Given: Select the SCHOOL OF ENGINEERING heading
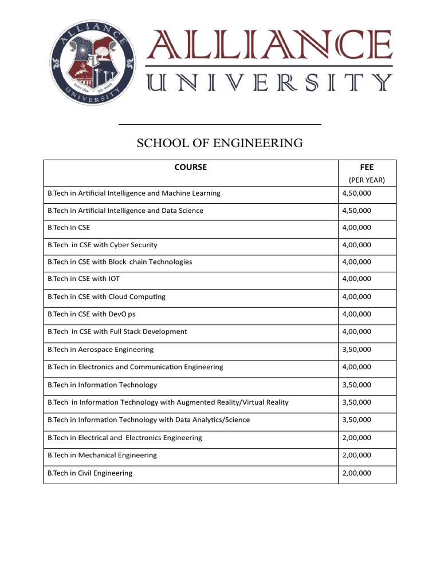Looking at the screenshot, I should [219, 143].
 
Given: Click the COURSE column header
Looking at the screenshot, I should [191, 168].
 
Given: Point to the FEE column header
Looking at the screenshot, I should [367, 168].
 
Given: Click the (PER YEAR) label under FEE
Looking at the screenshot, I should [367, 180].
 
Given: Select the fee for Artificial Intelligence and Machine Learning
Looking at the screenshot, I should [356, 193].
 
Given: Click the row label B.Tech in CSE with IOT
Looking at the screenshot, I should [84, 279].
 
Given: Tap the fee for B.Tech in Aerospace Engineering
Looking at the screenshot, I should [356, 350].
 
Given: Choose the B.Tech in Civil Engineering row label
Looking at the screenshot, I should [90, 473].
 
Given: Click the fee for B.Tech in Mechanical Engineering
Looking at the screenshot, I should [356, 456].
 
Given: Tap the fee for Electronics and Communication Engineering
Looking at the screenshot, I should [356, 367].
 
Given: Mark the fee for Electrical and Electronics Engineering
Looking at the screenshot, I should [356, 438].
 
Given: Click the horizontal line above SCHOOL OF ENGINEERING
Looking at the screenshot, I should [219, 124].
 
